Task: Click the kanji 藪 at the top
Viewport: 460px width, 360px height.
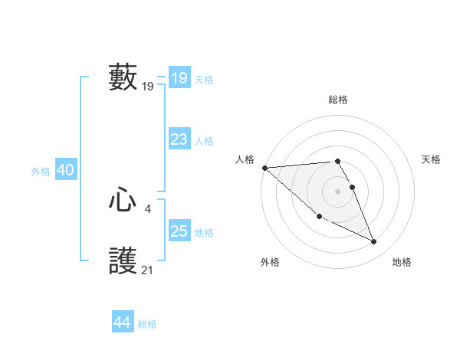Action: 123,77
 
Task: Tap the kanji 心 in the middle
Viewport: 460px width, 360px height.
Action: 123,201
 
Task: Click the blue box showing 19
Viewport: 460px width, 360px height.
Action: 179,78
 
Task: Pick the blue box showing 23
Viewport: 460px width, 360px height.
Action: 179,139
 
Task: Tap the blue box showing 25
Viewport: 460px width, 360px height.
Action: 179,231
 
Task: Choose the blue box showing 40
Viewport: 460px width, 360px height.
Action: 65,170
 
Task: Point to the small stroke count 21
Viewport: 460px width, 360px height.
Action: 148,270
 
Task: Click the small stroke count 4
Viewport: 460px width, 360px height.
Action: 148,208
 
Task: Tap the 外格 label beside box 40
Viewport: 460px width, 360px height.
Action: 41,172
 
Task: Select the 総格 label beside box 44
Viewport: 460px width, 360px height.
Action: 147,324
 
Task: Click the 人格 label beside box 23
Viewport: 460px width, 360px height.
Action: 204,141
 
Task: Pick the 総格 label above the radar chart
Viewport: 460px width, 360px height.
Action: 338,100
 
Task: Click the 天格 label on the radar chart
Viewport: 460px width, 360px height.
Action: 432,159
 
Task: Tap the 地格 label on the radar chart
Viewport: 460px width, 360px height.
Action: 402,262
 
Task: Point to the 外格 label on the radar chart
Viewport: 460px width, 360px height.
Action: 270,262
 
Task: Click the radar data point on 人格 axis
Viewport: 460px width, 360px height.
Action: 264,168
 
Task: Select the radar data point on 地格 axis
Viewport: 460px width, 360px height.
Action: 374,242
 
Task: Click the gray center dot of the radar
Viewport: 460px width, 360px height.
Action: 337,191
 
